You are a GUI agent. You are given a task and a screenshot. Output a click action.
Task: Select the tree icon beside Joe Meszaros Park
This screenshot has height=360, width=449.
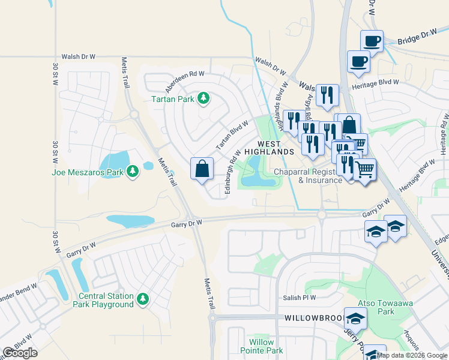[132, 173]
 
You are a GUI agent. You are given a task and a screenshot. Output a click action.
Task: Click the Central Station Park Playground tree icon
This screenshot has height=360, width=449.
[142, 299]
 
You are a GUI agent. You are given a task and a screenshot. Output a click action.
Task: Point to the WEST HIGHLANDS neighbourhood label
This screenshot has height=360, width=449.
[276, 148]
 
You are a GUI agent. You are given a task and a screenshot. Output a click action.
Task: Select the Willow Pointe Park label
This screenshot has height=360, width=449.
[265, 346]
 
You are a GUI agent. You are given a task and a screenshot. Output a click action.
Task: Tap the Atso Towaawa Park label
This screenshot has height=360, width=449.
[376, 307]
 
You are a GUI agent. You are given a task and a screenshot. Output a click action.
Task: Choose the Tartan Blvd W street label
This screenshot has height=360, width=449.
[232, 135]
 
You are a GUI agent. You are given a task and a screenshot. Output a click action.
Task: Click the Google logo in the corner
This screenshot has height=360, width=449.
[20, 353]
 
